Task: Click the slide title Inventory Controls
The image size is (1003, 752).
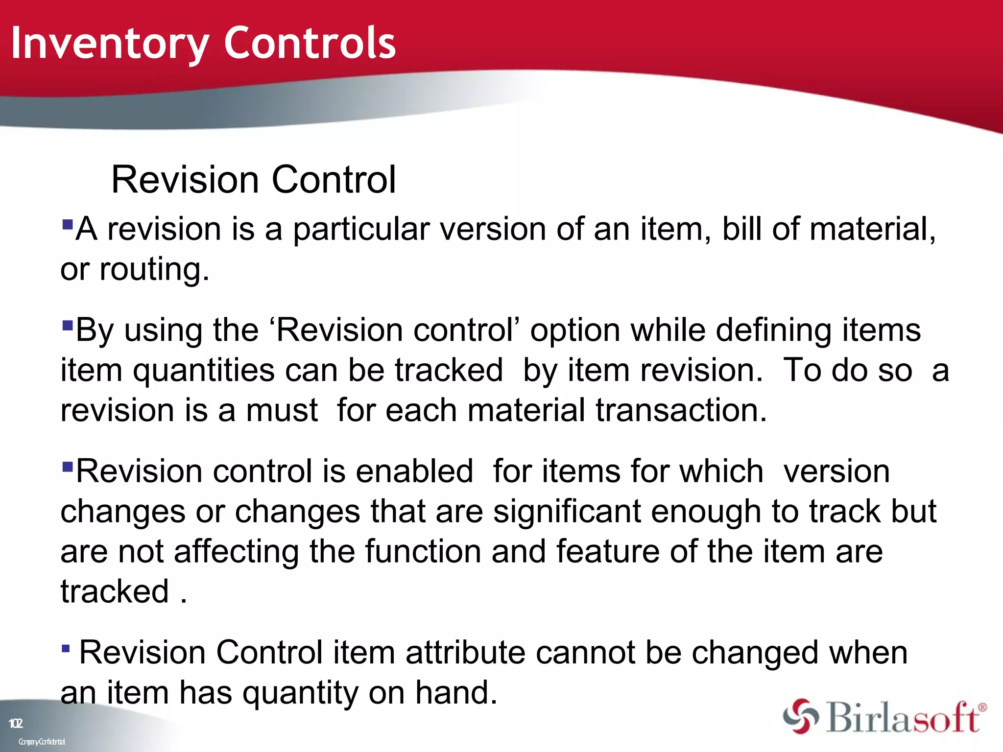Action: point(203,44)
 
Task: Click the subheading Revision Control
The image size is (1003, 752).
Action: point(253,180)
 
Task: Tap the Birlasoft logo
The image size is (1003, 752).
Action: point(884,717)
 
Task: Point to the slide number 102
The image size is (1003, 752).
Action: point(16,723)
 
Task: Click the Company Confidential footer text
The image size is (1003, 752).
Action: point(42,742)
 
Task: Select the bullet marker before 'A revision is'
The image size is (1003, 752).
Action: point(68,224)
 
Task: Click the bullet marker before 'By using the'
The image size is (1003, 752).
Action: point(68,325)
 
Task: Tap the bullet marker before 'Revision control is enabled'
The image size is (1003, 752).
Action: point(68,466)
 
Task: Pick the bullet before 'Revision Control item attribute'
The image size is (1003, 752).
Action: point(66,649)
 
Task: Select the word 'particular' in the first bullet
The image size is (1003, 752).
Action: point(360,229)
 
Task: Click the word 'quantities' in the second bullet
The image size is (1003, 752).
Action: point(204,370)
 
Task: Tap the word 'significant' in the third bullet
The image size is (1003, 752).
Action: point(567,511)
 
